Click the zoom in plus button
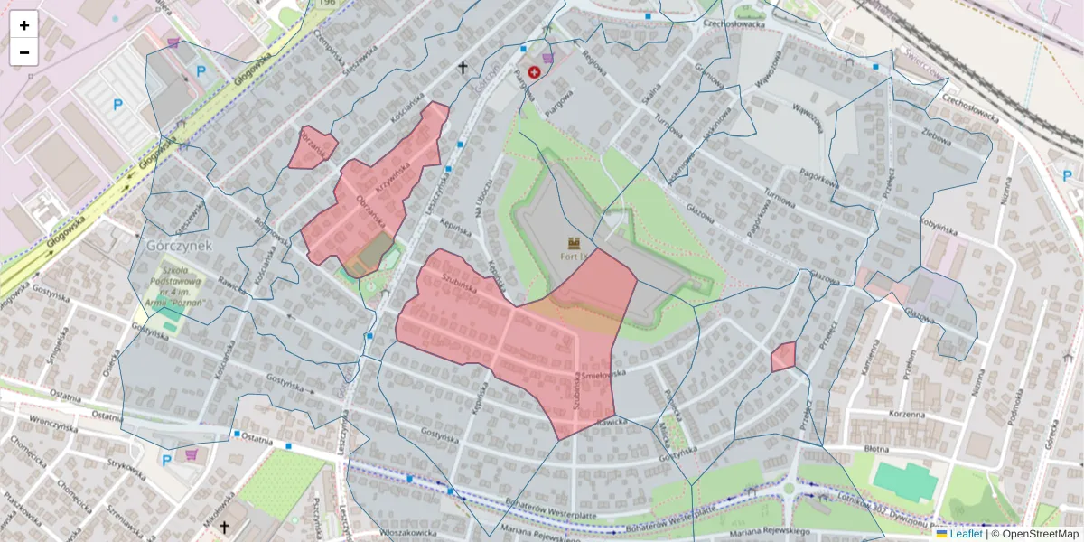[24, 25]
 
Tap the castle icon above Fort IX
[574, 242]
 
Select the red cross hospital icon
[534, 71]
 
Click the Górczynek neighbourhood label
[178, 245]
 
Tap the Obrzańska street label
[371, 210]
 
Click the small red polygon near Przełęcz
[783, 357]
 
